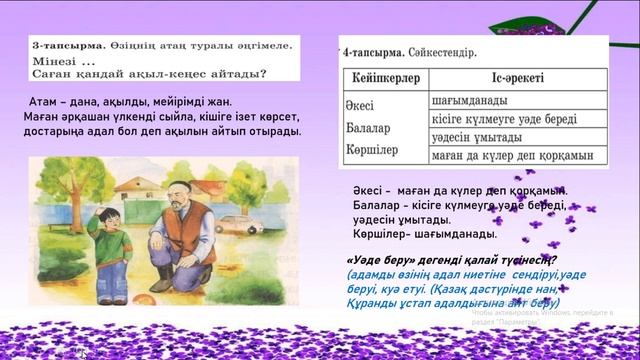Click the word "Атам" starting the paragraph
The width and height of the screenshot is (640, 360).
tap(47, 100)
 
